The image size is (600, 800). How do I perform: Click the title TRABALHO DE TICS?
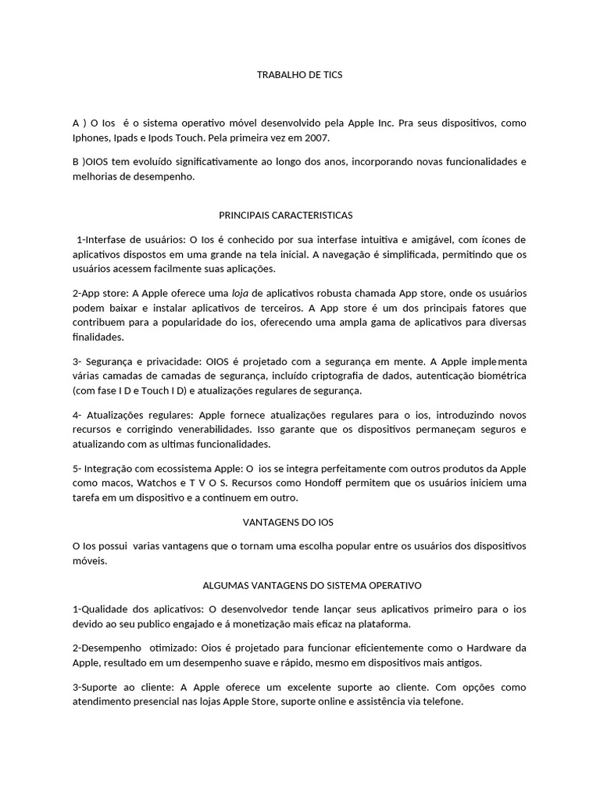[300, 75]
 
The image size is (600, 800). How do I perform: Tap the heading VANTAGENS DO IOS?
[300, 521]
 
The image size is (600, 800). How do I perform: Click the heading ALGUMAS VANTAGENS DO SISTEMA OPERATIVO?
[300, 584]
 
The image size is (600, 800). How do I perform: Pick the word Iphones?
[92, 138]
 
